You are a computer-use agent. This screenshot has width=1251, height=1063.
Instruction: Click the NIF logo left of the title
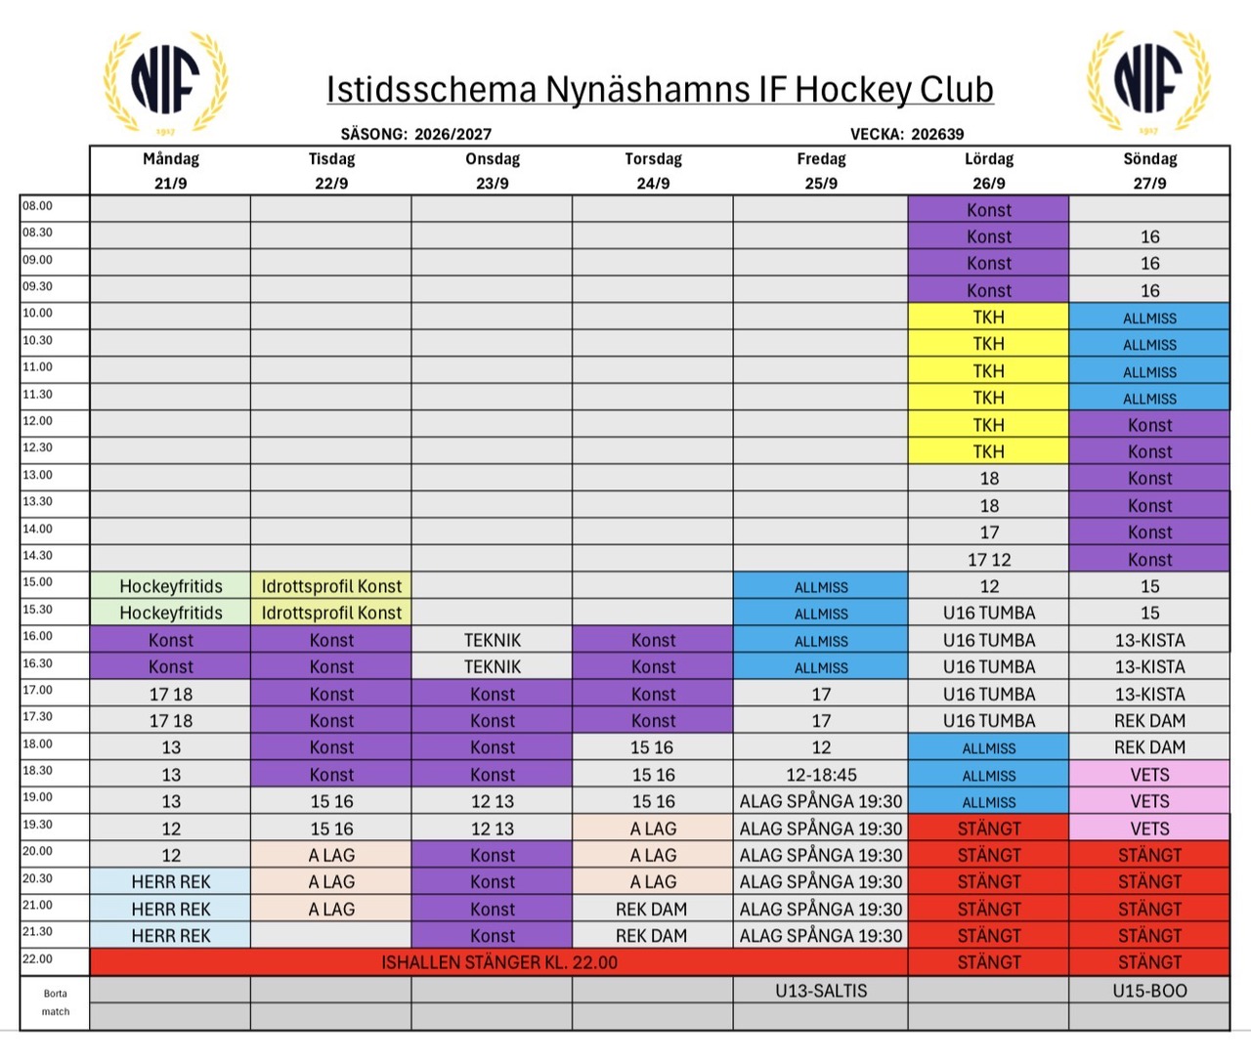165,81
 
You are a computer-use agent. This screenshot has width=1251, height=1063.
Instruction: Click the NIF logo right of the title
1148,81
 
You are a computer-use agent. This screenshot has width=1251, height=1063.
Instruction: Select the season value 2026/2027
453,134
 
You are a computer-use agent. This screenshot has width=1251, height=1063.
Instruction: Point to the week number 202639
937,134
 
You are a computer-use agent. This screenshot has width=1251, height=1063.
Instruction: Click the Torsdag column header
653,159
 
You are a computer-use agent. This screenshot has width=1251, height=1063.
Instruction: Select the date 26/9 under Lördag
988,184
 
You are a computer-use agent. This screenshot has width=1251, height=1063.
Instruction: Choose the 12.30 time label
37,447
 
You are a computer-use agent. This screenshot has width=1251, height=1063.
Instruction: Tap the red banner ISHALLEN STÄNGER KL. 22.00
498,962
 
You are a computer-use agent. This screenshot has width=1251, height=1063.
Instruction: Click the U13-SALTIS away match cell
821,991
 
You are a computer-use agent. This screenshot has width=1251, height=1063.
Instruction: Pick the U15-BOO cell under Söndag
1149,991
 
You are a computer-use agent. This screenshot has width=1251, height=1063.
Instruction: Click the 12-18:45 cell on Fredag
821,775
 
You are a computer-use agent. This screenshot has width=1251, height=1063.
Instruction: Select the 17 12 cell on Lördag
988,559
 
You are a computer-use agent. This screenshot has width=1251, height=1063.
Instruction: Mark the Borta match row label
55,1002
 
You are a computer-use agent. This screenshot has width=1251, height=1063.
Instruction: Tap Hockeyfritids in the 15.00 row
171,585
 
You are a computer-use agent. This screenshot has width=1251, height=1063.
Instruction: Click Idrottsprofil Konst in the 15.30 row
331,613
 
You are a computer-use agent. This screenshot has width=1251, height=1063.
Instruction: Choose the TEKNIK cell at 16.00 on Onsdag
492,640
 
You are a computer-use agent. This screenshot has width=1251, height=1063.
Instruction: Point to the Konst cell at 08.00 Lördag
988,209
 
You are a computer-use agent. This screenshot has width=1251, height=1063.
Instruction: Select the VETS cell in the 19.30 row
1149,829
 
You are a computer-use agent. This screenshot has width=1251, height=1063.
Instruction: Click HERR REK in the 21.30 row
171,935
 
